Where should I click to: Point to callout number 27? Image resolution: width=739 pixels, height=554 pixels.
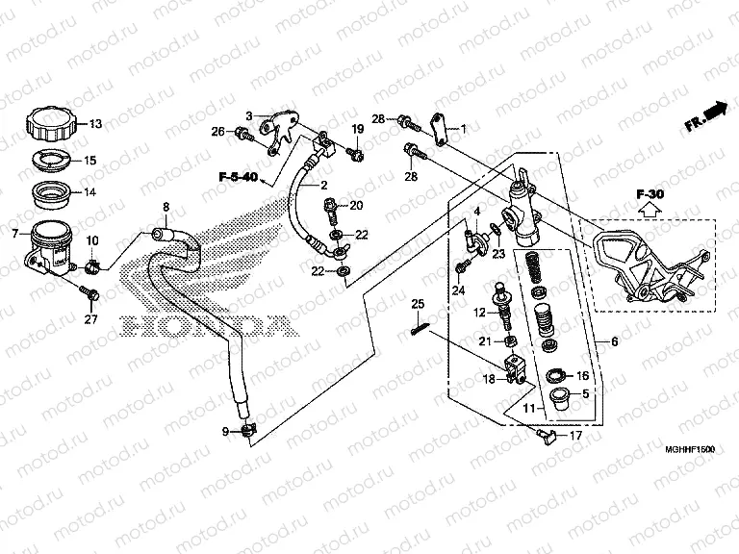click(x=92, y=319)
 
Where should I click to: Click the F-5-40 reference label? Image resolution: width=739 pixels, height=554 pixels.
click(x=237, y=178)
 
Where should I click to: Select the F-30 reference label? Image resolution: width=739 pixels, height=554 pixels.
click(x=650, y=195)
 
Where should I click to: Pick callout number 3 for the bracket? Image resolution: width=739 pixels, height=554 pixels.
click(x=247, y=115)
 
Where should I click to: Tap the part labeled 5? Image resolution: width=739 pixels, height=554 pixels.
click(x=557, y=399)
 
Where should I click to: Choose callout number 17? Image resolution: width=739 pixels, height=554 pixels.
click(x=576, y=436)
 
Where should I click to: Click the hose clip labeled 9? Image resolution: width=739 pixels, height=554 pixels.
click(x=248, y=430)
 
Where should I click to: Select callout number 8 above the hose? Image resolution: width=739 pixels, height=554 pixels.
click(x=166, y=207)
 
